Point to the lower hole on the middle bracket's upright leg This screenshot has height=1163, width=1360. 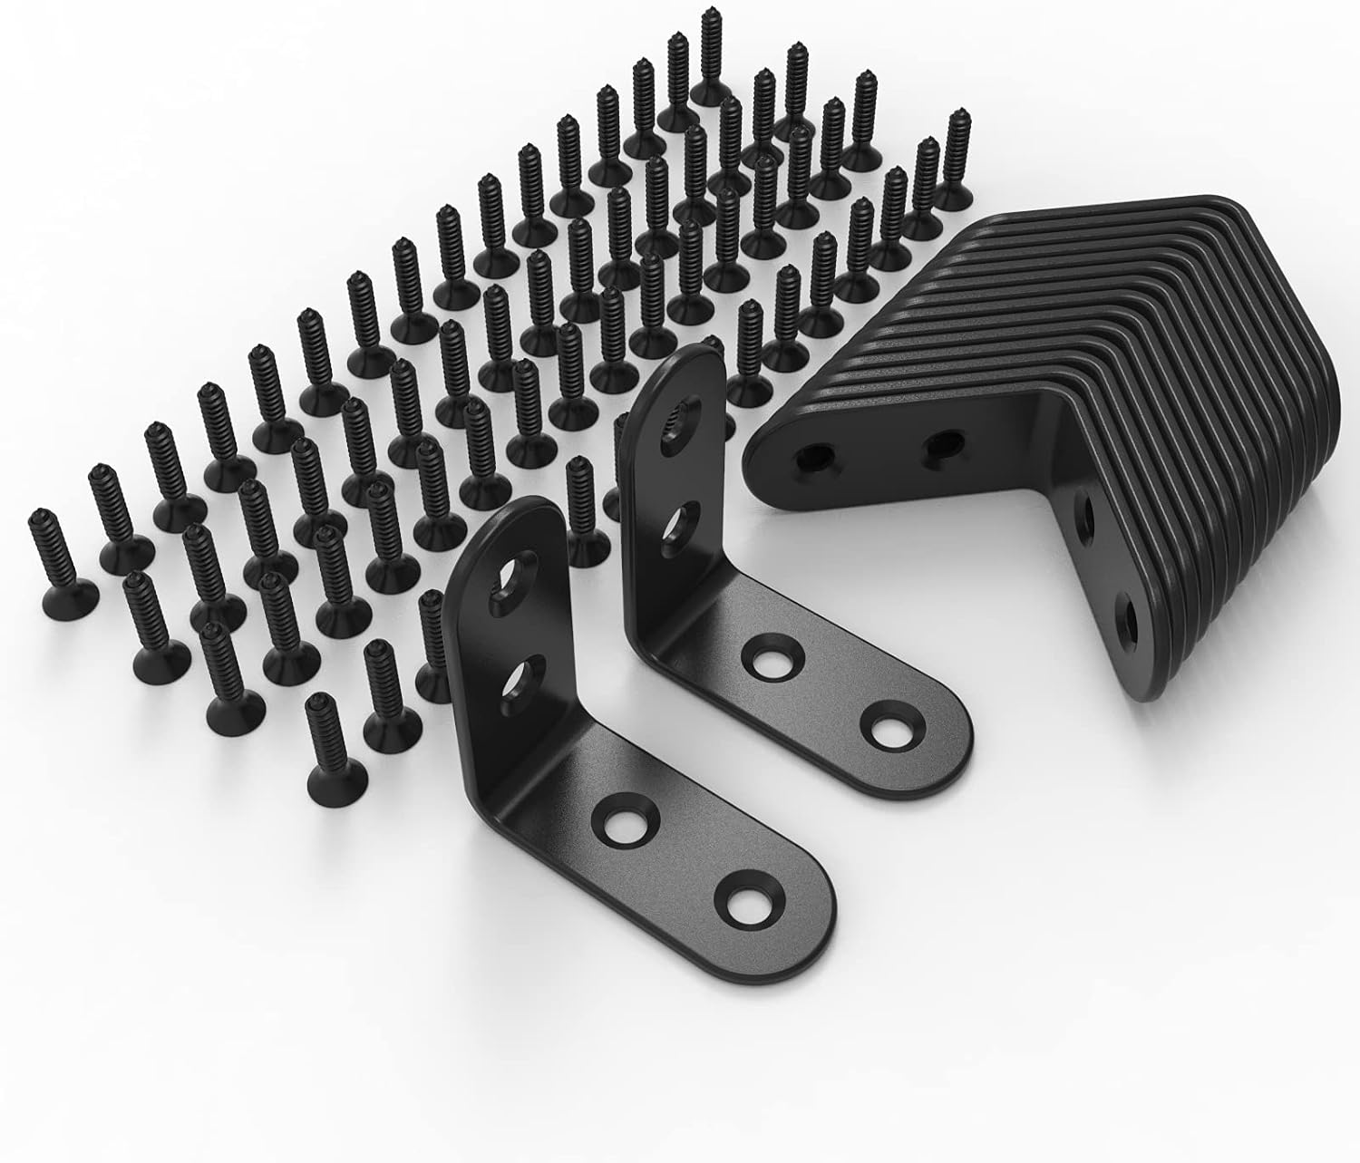(x=678, y=521)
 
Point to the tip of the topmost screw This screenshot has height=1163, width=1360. (x=708, y=15)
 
